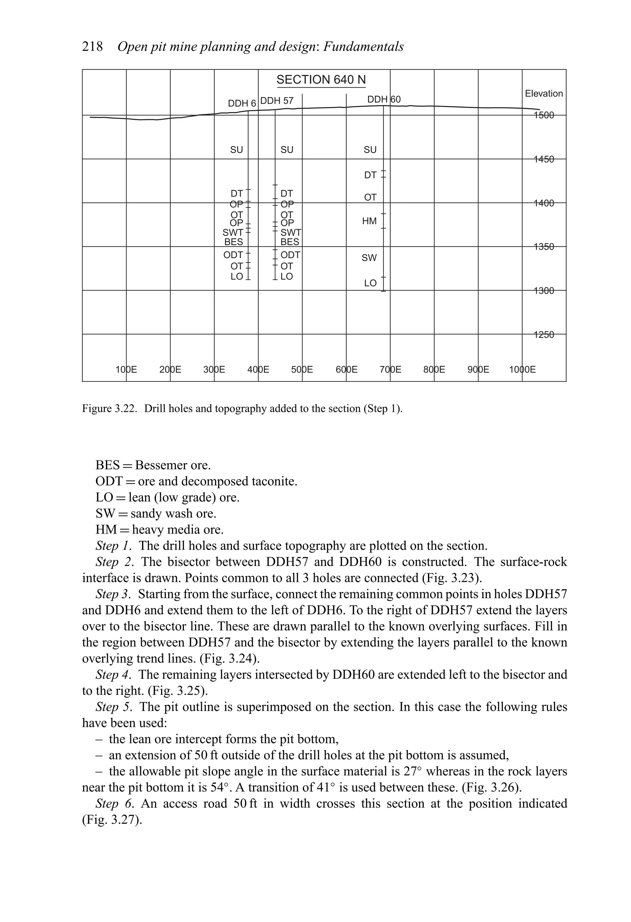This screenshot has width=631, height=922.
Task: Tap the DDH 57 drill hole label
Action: pyautogui.click(x=277, y=101)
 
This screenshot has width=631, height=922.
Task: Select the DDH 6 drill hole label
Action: pyautogui.click(x=242, y=104)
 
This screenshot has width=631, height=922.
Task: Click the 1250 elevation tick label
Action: pyautogui.click(x=544, y=335)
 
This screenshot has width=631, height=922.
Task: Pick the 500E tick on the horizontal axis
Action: pyautogui.click(x=302, y=370)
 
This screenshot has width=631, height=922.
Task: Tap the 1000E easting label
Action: pyautogui.click(x=522, y=370)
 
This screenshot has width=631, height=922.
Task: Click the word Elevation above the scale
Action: pyautogui.click(x=544, y=94)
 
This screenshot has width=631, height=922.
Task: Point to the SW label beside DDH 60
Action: pyautogui.click(x=369, y=258)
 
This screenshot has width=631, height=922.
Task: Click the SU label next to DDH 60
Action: pyautogui.click(x=370, y=150)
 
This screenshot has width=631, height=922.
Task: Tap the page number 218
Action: pyautogui.click(x=92, y=47)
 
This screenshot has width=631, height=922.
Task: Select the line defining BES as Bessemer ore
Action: pyautogui.click(x=153, y=465)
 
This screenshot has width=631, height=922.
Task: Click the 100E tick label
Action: pyautogui.click(x=126, y=370)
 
